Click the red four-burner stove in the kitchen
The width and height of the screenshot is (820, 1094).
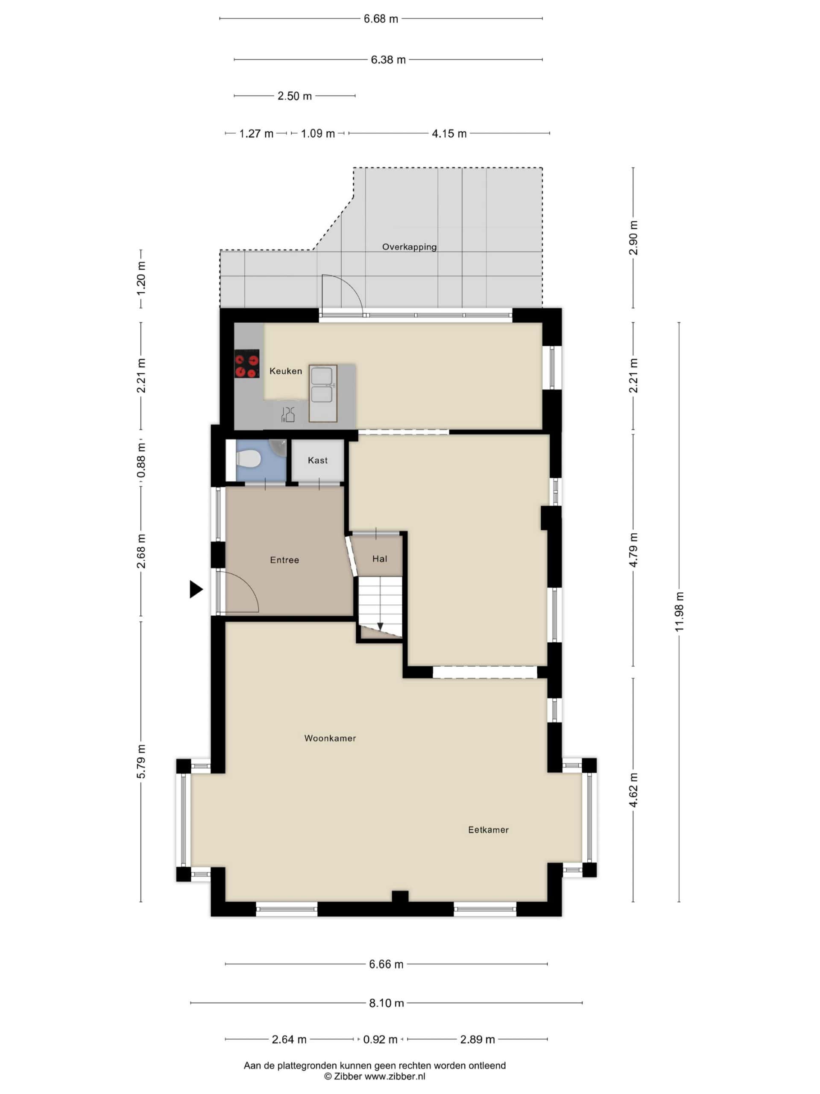(x=247, y=364)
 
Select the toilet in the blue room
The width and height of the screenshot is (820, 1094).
(x=249, y=459)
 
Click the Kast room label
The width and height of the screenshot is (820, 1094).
(x=317, y=460)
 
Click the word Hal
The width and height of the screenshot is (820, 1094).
(x=380, y=559)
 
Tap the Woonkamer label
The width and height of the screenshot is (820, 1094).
(x=330, y=738)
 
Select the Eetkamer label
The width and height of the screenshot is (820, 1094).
(x=488, y=829)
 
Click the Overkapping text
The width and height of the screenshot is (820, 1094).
(x=409, y=247)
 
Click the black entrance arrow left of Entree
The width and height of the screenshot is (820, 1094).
(x=196, y=589)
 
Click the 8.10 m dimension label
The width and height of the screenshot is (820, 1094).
(x=387, y=1003)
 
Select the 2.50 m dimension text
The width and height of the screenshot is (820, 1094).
(x=295, y=96)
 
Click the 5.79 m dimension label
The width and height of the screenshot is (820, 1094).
(x=141, y=761)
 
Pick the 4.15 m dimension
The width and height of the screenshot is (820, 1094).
(x=449, y=133)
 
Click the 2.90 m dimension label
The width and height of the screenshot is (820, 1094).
(x=633, y=238)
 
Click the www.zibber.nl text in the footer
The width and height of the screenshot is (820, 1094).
(x=395, y=1076)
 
